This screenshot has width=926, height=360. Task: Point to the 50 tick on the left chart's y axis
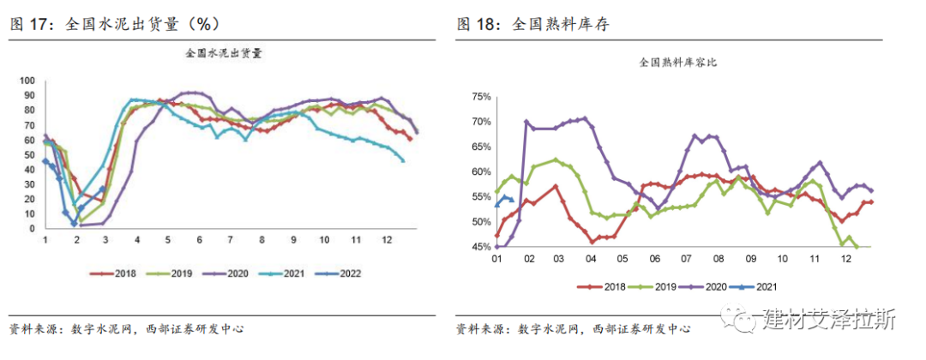click(28, 154)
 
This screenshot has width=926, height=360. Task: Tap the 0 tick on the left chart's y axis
click(31, 227)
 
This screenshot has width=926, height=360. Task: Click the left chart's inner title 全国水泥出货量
click(224, 53)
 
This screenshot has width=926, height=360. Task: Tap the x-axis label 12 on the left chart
click(387, 241)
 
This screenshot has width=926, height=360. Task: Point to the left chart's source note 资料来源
click(35, 330)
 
